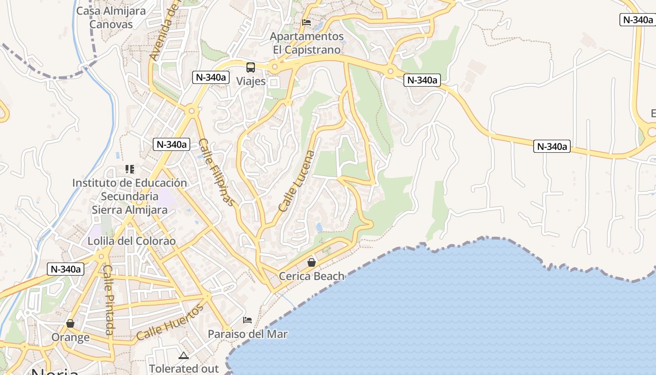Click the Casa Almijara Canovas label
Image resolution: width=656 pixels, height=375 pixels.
point(111,17)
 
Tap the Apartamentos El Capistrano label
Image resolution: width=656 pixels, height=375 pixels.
point(307,43)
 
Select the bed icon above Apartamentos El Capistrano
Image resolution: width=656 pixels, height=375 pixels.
point(306,22)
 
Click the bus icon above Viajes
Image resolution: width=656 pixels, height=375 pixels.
point(251,67)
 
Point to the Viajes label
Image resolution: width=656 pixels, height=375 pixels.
point(251,81)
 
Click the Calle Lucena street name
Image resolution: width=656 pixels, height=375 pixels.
point(297,181)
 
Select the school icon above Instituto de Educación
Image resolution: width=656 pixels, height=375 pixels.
point(129,169)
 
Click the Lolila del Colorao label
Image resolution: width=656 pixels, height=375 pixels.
point(132,241)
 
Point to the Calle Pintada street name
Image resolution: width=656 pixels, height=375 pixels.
point(109,300)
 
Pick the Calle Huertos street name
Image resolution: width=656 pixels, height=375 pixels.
point(171,322)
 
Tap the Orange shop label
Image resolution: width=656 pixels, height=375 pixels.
point(70,337)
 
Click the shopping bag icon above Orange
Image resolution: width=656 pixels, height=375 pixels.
point(70,323)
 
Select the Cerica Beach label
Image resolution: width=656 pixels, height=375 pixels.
point(312,276)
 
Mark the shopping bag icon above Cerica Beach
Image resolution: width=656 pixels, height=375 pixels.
point(312,262)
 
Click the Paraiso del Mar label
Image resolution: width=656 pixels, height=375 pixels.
point(247,334)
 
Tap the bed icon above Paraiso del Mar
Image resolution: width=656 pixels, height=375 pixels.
point(247,320)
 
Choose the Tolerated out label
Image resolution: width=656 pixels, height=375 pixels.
point(184,368)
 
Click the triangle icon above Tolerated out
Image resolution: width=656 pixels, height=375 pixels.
point(183,355)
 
